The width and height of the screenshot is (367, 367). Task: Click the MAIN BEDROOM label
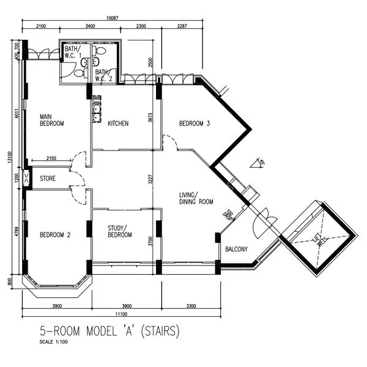52,120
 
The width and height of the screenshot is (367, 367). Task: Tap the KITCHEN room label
118,124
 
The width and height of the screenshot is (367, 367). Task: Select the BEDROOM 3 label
195,124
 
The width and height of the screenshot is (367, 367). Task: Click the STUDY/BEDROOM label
120,231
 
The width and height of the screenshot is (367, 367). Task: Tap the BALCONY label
236,249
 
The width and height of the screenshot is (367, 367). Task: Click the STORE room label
48,179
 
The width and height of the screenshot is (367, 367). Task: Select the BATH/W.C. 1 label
73,52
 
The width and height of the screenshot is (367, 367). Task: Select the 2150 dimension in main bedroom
52,159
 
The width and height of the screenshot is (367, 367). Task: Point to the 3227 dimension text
150,183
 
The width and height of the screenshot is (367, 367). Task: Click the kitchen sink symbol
97,111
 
